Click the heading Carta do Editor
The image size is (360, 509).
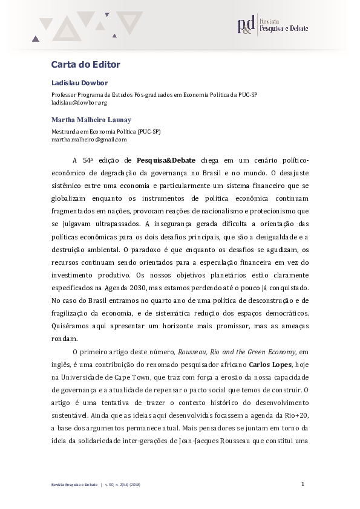(x=85, y=64)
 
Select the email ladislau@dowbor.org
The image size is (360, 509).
(x=70, y=103)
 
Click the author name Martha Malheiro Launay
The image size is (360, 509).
(x=91, y=120)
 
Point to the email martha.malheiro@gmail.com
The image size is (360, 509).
(x=89, y=139)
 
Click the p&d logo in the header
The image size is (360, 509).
(x=246, y=26)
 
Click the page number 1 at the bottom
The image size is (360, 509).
(x=303, y=484)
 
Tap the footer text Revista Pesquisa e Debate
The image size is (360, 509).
(x=73, y=485)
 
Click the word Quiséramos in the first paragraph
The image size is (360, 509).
(x=72, y=326)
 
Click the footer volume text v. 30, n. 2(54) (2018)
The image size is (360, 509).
(x=122, y=485)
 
